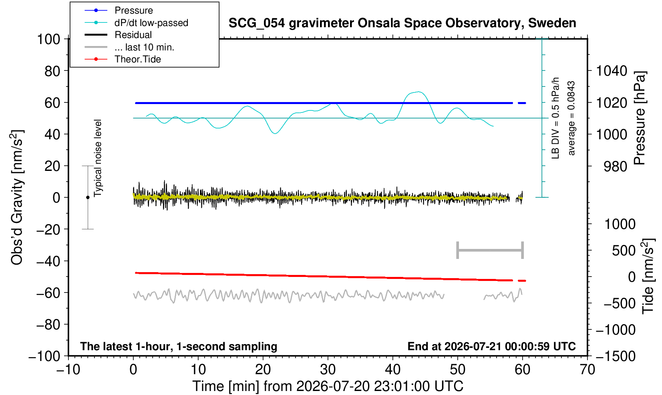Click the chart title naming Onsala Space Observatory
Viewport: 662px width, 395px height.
[402, 23]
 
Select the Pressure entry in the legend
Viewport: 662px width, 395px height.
[134, 10]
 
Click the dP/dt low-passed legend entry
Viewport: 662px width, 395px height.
[151, 23]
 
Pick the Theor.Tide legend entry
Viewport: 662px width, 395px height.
[138, 59]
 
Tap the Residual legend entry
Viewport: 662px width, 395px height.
[133, 35]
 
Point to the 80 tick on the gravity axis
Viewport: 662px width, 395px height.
[52, 71]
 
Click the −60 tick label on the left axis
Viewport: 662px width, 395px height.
[48, 293]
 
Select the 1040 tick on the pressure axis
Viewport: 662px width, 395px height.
[612, 71]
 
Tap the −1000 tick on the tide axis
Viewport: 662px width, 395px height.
[616, 330]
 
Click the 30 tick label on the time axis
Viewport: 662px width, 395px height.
[328, 370]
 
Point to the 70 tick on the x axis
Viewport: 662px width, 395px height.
[587, 370]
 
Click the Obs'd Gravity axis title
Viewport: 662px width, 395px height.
[17, 197]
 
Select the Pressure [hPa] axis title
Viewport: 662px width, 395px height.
[640, 118]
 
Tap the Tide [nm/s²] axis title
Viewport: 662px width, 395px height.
[648, 277]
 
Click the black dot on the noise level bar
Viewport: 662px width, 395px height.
[88, 197]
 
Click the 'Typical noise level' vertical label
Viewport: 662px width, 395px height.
[98, 158]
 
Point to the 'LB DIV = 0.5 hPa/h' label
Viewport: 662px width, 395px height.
[555, 118]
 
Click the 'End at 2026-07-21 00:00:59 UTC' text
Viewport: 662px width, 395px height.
[491, 346]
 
